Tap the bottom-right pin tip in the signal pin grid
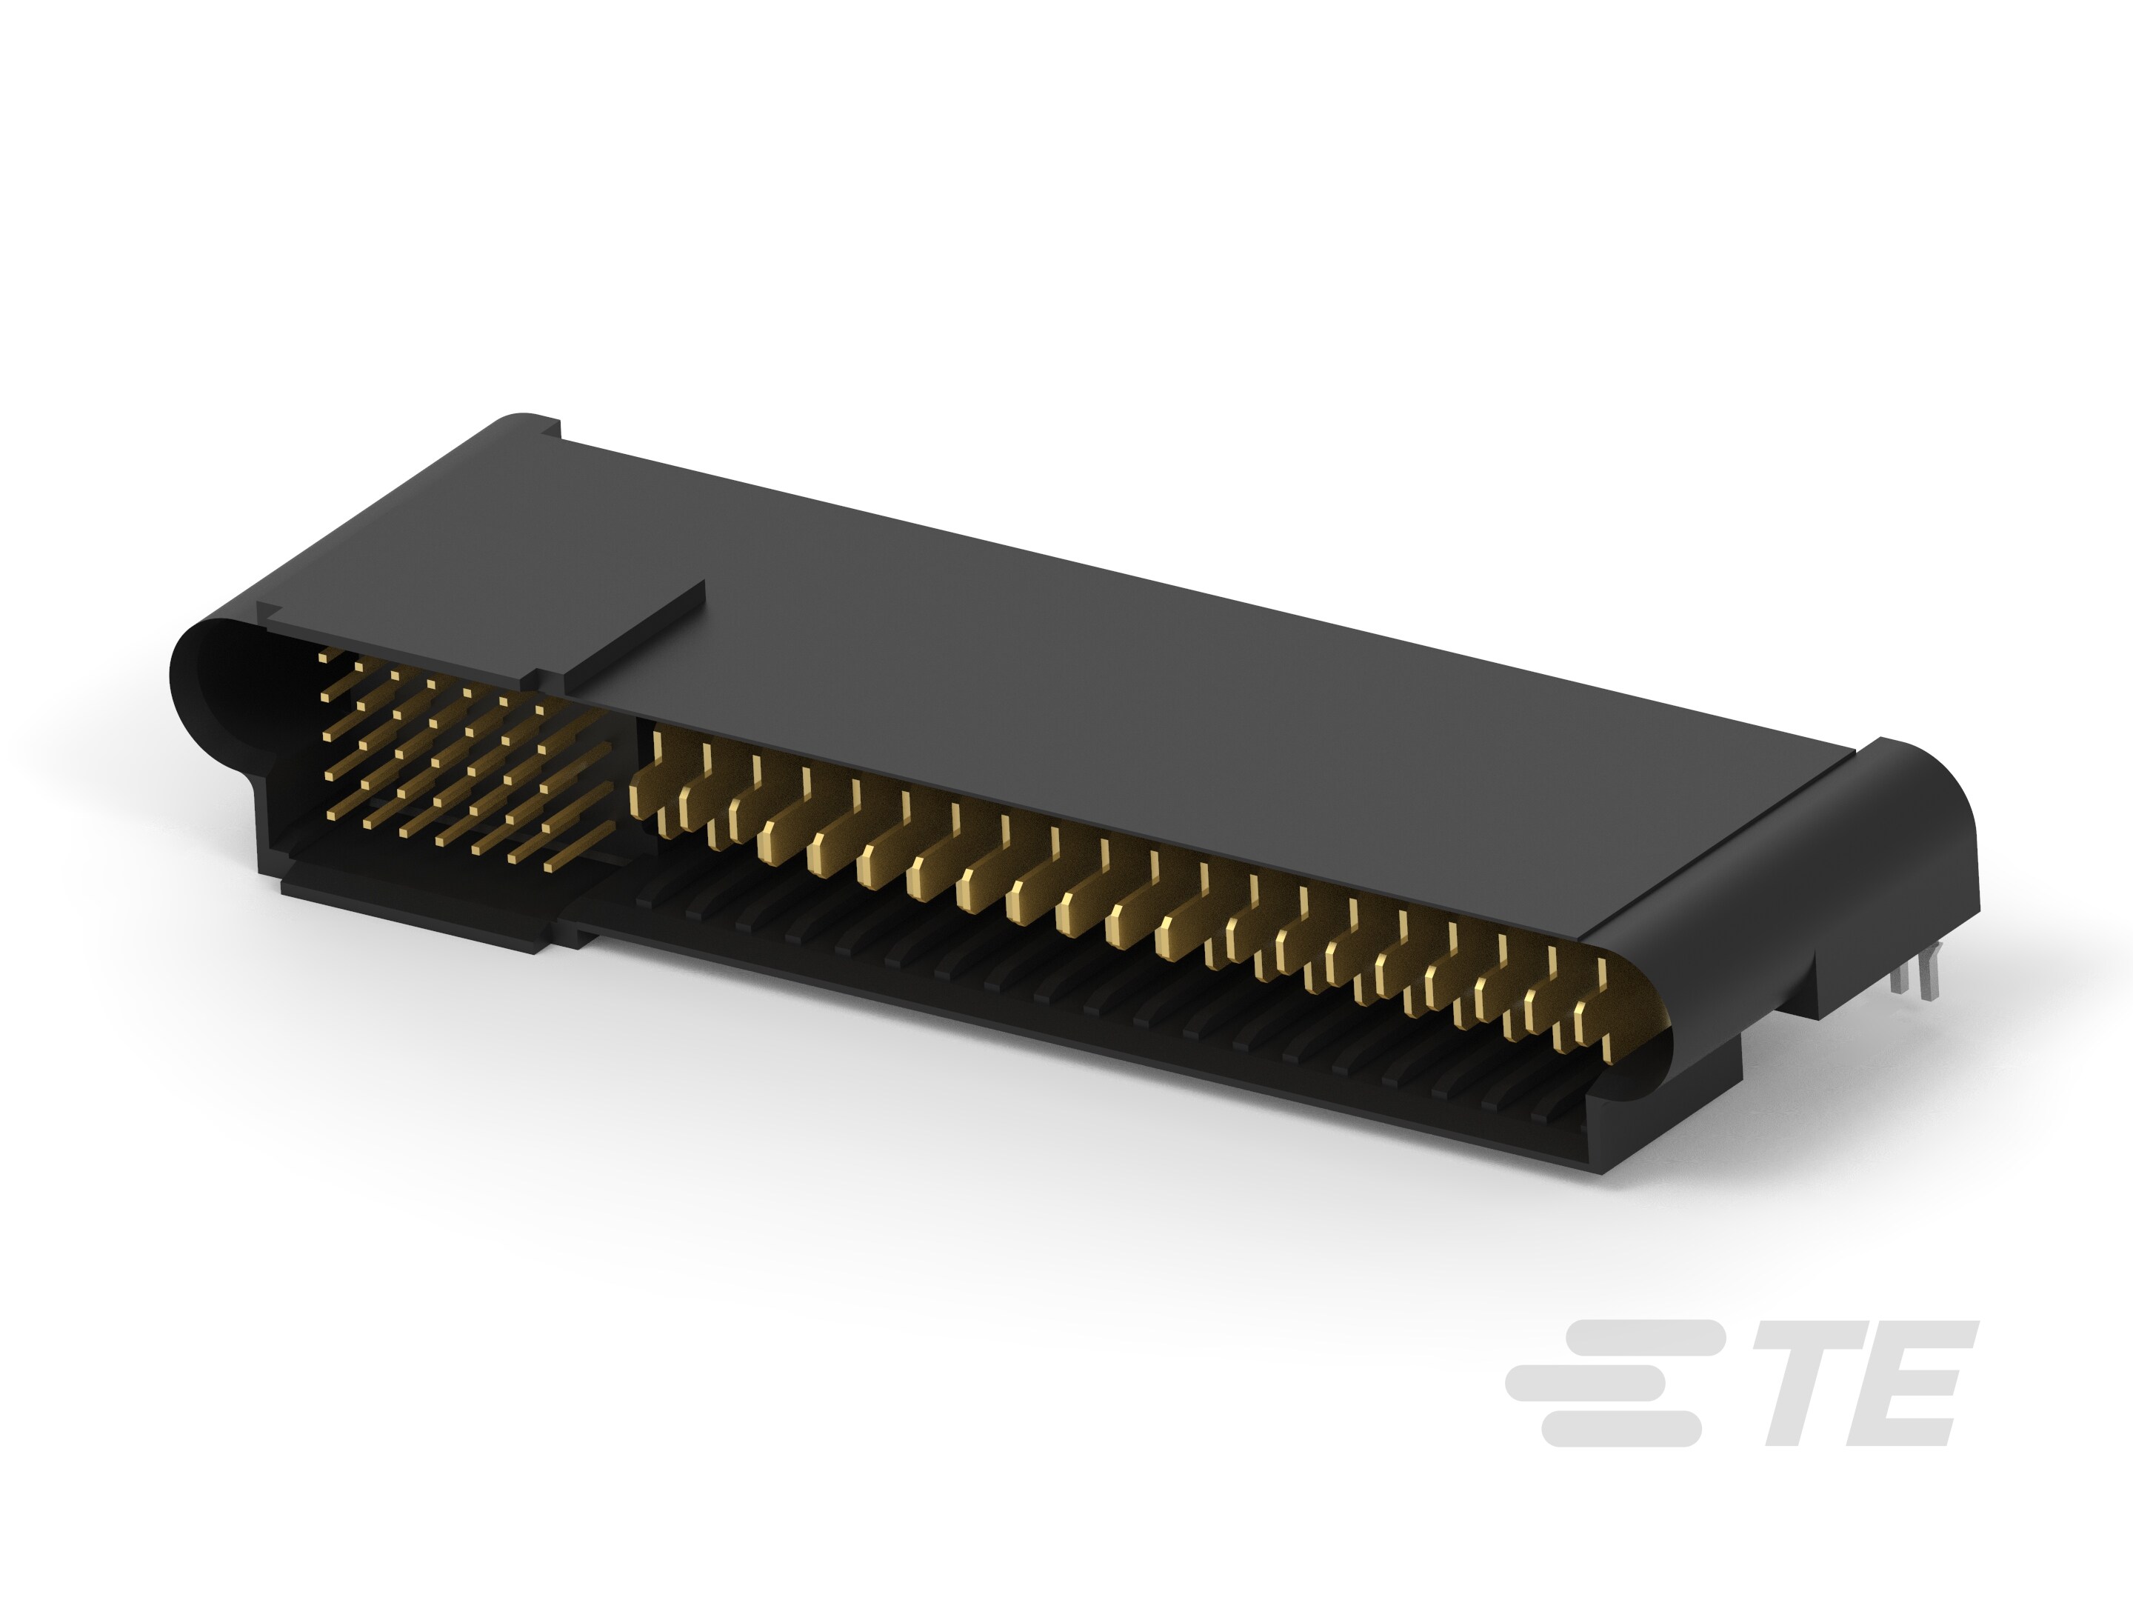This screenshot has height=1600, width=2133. pyautogui.click(x=549, y=867)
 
